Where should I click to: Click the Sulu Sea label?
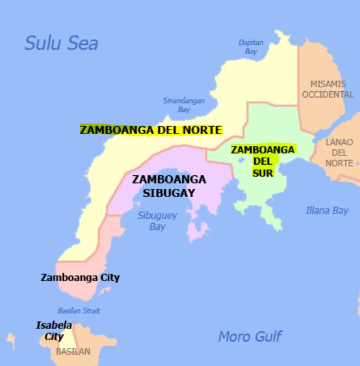[x=61, y=43]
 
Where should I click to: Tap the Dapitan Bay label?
[x=251, y=47]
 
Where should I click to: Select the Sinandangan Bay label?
[x=184, y=105]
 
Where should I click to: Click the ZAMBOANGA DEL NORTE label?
[x=151, y=130]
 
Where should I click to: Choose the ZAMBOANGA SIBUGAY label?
[x=169, y=186]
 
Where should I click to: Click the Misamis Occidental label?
[x=332, y=89]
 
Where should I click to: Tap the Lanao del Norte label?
[x=339, y=152]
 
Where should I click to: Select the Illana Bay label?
[x=327, y=210]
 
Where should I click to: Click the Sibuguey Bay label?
[x=157, y=221]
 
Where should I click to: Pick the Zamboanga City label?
[x=80, y=277]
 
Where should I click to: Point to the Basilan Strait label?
[x=79, y=311]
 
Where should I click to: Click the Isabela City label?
[x=54, y=331]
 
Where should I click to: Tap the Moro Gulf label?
[x=249, y=337]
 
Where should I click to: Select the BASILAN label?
[x=73, y=352]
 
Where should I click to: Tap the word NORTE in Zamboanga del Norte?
[x=204, y=130]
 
